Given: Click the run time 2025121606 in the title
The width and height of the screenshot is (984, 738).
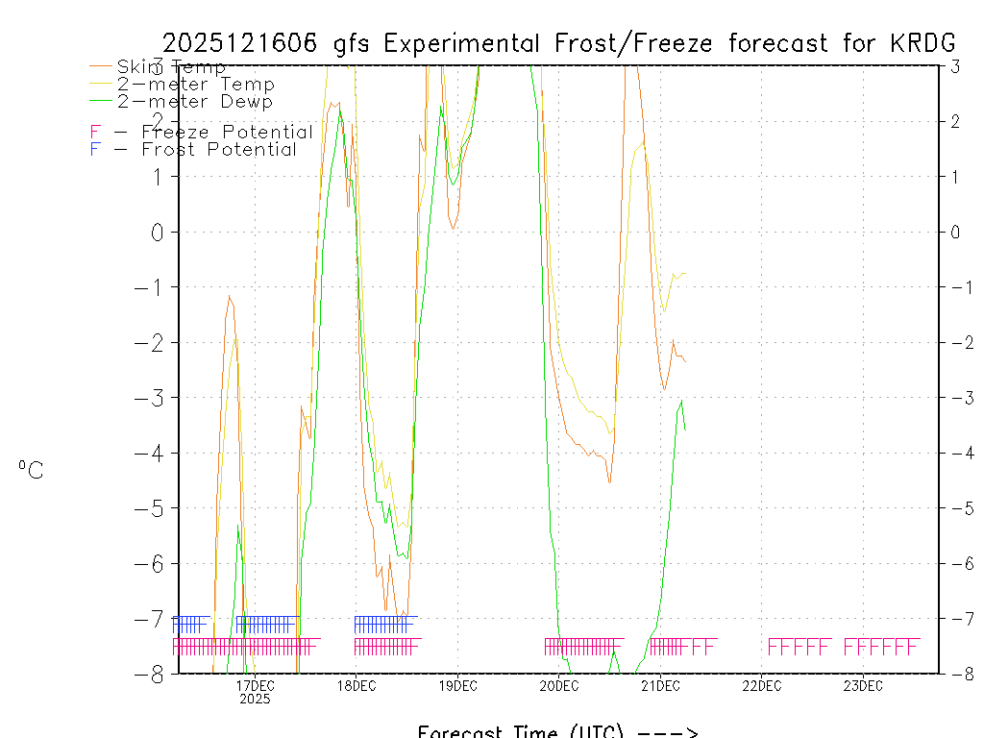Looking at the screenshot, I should (243, 43).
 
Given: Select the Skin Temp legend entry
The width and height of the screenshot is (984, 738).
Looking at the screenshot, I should (171, 67).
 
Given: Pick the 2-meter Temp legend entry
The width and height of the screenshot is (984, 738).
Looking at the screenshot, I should (195, 85).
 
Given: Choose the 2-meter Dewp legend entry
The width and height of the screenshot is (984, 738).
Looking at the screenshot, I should (195, 101).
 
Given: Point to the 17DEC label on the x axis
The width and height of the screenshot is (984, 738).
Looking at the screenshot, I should (255, 685).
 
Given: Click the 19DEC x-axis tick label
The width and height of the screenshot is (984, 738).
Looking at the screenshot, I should (457, 685).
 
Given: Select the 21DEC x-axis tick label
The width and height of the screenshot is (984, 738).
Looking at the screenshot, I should (660, 685).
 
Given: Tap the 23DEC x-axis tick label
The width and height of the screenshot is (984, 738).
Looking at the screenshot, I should (863, 685).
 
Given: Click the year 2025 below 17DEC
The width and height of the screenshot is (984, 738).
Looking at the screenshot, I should (255, 700).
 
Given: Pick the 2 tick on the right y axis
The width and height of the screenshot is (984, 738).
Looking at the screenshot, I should (955, 121).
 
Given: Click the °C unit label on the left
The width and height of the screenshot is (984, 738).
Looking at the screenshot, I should (31, 470).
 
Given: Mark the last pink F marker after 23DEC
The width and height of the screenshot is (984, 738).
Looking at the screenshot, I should (914, 646).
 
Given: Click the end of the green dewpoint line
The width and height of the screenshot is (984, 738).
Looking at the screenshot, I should (685, 429).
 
